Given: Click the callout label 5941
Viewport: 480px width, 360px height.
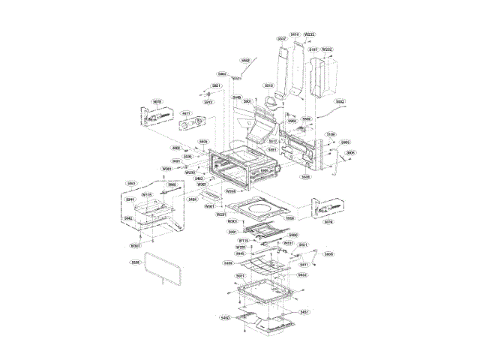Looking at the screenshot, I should tap(131, 184).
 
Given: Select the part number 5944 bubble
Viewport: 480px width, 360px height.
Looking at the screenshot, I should tap(130, 199).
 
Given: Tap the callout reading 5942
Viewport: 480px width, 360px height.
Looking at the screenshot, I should tap(128, 218).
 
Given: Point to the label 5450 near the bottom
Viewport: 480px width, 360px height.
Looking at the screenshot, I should tap(224, 318).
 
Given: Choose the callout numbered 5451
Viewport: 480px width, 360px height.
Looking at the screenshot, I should tap(305, 312).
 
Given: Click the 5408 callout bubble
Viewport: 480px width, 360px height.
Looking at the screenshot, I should tap(227, 264).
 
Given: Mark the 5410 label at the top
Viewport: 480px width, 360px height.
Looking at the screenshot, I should tap(295, 34).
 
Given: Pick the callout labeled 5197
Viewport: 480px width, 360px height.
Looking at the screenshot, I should tap(313, 49).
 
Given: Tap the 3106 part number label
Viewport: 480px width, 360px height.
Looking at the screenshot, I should tap(330, 134).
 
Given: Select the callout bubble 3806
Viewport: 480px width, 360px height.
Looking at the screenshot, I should tap(350, 152).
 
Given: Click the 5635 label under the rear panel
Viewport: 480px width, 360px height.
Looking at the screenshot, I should tap(305, 177).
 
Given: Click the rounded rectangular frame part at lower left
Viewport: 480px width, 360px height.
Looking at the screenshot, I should tap(161, 268).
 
